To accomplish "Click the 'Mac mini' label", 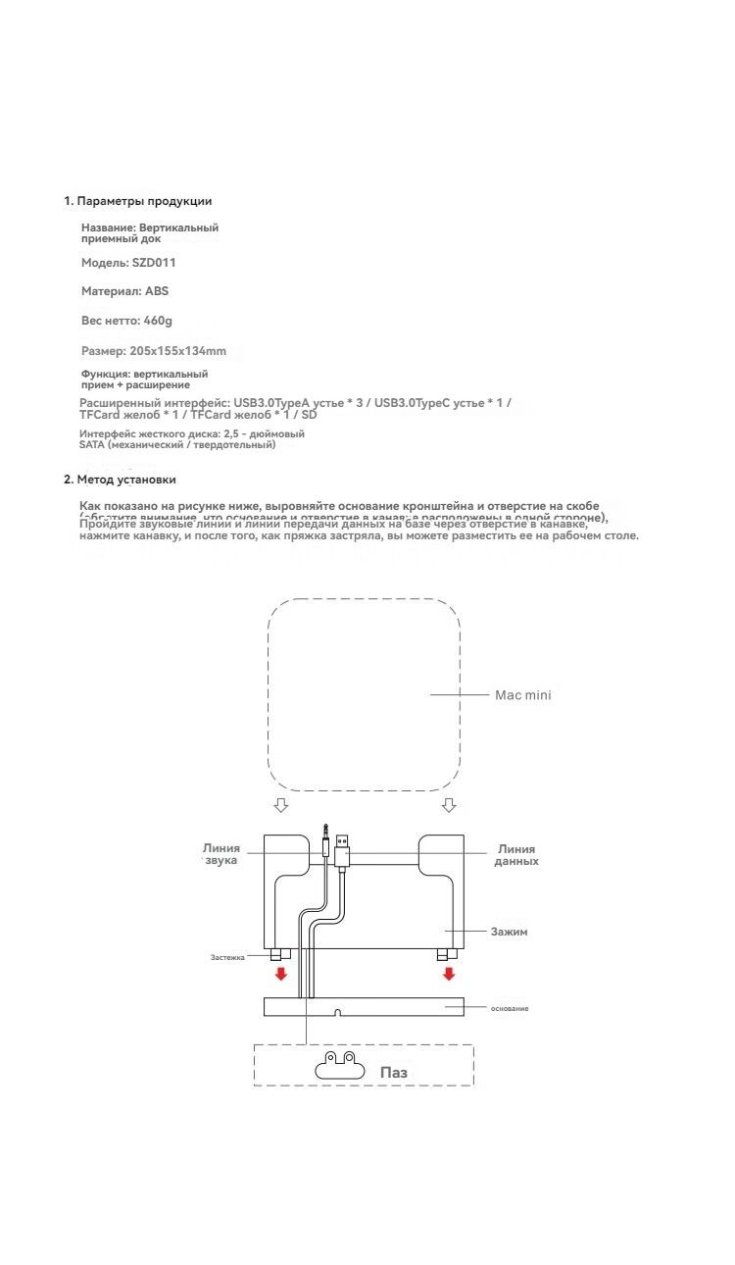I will (x=522, y=695).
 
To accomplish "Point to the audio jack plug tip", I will (x=324, y=832).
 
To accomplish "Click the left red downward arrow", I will (x=281, y=974).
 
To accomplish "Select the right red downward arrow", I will (x=449, y=974).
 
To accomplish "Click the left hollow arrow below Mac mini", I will (x=281, y=805).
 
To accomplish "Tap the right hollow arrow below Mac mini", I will (x=449, y=805).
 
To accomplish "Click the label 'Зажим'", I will (x=509, y=932).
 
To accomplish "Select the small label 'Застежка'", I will (x=227, y=957).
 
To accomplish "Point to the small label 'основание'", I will (x=510, y=1008).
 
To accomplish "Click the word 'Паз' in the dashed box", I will (x=393, y=1073).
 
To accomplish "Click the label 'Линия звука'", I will (x=221, y=854).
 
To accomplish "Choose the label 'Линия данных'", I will (x=516, y=855).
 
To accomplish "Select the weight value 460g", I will (x=157, y=321).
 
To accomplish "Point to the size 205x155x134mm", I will (x=177, y=350).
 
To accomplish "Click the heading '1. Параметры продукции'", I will (x=138, y=201).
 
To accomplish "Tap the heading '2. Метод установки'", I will (x=121, y=480).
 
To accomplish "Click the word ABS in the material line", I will (x=157, y=291).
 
